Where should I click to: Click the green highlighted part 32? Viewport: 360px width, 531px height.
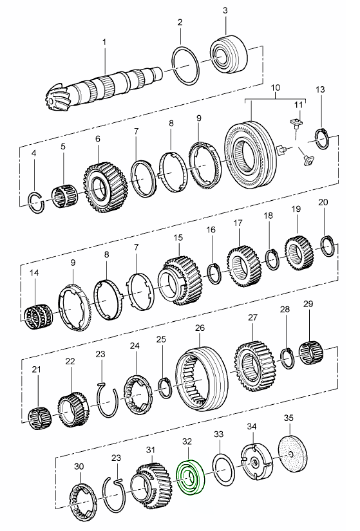(191, 478)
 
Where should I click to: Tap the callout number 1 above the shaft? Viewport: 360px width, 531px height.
(104, 42)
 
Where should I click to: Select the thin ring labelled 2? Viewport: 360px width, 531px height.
(185, 67)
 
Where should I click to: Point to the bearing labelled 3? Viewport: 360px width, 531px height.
(228, 53)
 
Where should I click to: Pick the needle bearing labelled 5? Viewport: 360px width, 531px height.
(64, 196)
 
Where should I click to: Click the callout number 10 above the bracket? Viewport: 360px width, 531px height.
(275, 88)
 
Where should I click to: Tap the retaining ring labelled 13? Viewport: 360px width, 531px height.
(323, 139)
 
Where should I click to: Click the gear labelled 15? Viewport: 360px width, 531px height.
(180, 281)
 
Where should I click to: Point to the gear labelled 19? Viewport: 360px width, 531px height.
(299, 254)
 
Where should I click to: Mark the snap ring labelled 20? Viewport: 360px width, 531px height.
(328, 246)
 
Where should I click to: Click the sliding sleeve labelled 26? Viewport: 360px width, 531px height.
(201, 378)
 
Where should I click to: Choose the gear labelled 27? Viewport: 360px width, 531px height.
(254, 368)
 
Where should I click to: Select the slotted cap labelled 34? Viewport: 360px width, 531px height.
(256, 461)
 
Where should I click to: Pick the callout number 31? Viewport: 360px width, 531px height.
(151, 450)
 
